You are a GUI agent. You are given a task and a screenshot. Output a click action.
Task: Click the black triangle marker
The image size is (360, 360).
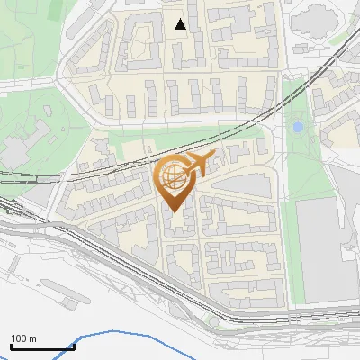tap(181, 24)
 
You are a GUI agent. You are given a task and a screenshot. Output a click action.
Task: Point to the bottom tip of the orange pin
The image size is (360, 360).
tap(173, 211)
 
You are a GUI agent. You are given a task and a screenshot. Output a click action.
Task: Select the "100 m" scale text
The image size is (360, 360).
tap(23, 338)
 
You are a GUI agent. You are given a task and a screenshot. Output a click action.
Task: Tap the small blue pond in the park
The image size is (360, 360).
tap(297, 128)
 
